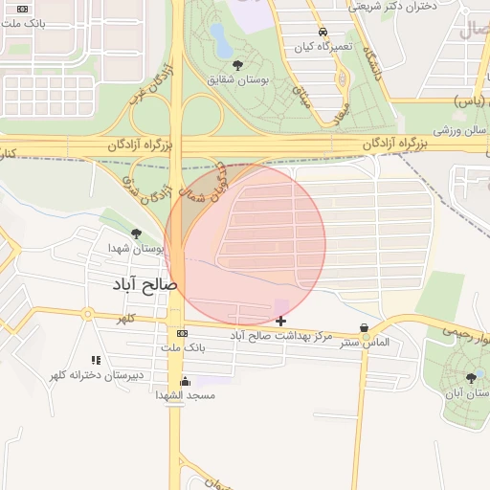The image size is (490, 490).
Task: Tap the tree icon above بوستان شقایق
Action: pyautogui.click(x=237, y=64)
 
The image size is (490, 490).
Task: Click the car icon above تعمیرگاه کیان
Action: pyautogui.click(x=323, y=32)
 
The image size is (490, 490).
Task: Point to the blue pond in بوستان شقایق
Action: pyautogui.click(x=219, y=40)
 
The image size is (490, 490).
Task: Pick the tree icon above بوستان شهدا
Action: pyautogui.click(x=136, y=233)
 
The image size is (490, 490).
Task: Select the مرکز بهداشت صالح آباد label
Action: pyautogui.click(x=281, y=336)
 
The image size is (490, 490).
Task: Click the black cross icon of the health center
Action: pyautogui.click(x=280, y=321)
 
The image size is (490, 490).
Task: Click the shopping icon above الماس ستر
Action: pyautogui.click(x=364, y=328)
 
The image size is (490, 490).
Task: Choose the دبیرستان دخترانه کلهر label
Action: pyautogui.click(x=97, y=374)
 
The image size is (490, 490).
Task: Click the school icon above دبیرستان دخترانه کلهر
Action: pyautogui.click(x=96, y=360)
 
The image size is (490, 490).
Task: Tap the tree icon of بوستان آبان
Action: pyautogui.click(x=469, y=378)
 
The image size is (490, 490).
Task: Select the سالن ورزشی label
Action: pyautogui.click(x=455, y=128)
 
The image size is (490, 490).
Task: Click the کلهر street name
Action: pyautogui.click(x=125, y=318)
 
